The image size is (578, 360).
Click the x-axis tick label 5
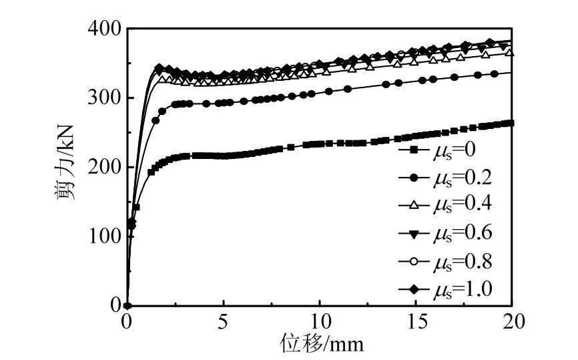pos(224,321)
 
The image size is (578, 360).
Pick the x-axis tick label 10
pos(320,321)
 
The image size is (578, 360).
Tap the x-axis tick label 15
pos(416,321)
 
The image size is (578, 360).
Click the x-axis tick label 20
pos(512,321)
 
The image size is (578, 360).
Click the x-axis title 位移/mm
pos(321,344)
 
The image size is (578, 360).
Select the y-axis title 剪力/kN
pos(65,167)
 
